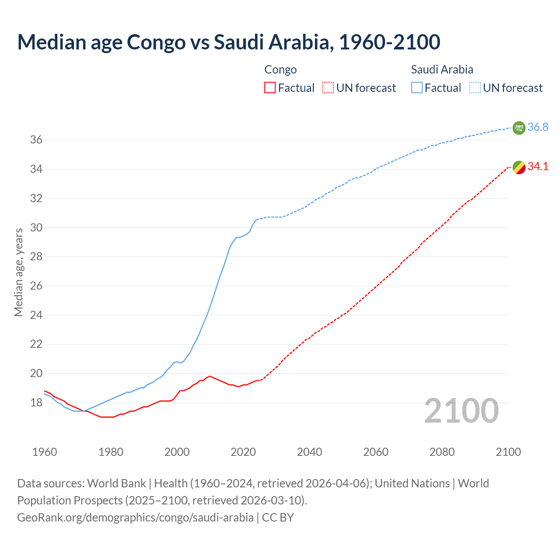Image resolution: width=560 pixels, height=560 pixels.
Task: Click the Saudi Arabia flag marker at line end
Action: click(518, 128)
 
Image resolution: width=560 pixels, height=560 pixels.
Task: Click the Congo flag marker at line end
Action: click(518, 167)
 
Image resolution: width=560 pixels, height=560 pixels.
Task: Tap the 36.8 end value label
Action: click(538, 127)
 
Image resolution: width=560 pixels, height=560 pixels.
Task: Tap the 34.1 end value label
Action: click(538, 166)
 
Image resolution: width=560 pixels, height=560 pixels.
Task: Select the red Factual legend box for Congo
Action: click(270, 88)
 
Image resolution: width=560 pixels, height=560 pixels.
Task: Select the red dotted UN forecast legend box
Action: click(328, 88)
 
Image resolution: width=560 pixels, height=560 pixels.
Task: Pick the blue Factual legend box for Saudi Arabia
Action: click(417, 88)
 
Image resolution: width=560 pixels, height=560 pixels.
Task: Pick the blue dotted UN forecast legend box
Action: click(475, 88)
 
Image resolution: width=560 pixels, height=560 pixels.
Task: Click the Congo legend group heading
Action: click(280, 70)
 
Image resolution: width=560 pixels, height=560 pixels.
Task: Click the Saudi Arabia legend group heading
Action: click(442, 70)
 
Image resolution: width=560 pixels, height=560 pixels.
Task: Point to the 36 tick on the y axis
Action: click(36, 140)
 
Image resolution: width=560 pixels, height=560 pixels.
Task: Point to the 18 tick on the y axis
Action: click(36, 402)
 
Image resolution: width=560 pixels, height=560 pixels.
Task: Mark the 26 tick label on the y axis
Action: click(36, 286)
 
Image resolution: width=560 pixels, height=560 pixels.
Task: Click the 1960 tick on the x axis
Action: click(45, 452)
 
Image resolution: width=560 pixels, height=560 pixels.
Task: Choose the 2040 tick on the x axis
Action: click(309, 452)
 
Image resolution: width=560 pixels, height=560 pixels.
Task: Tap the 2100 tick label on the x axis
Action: click(508, 452)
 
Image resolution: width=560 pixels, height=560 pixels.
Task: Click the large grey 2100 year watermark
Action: click(462, 411)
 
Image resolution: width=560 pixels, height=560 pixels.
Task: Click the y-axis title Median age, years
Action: click(18, 272)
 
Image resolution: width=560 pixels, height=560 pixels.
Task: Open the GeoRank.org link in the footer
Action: click(135, 518)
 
